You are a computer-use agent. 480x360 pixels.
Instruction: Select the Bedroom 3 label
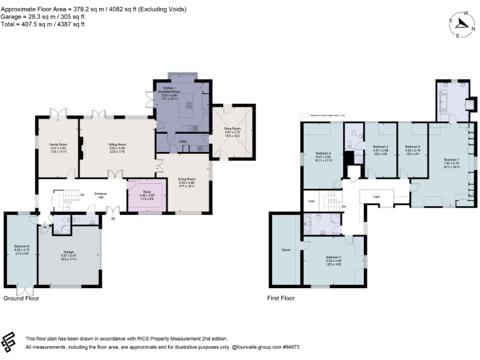pos(334,257)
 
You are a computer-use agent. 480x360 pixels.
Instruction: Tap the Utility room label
pos(182,142)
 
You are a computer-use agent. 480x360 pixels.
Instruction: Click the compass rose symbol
pos(462,24)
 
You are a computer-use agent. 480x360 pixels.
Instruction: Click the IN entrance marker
pos(113,219)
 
